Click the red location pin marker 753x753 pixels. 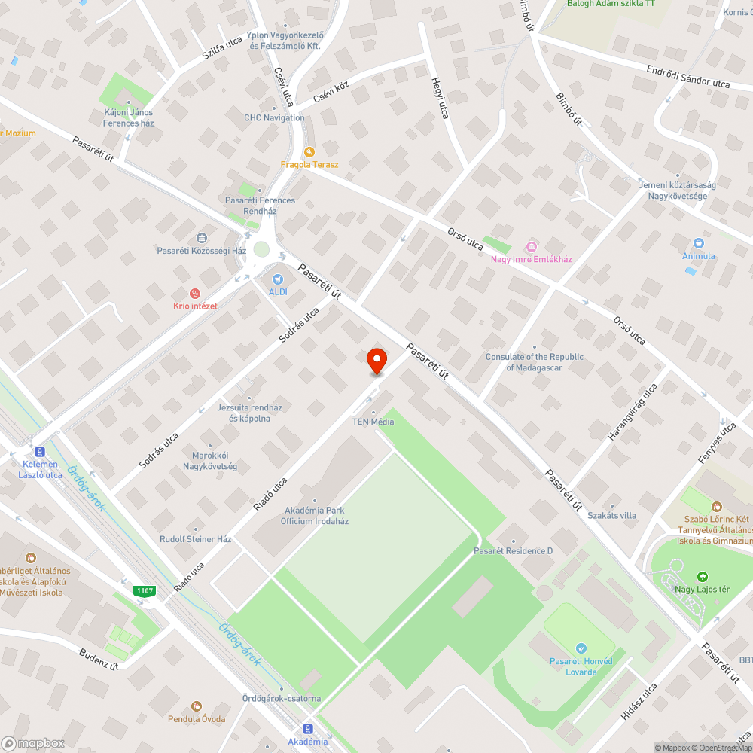(x=376, y=361)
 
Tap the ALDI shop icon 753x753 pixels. (x=278, y=279)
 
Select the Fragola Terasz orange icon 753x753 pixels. (x=309, y=151)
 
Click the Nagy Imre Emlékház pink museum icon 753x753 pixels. (x=532, y=246)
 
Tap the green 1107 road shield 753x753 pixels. (x=145, y=591)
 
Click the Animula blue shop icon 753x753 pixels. (x=698, y=243)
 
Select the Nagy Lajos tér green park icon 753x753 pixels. (x=703, y=576)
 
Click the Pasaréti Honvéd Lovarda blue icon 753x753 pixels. (x=581, y=648)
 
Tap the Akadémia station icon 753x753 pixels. (x=308, y=728)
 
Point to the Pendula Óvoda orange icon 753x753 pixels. (x=196, y=706)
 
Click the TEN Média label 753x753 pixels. (x=373, y=422)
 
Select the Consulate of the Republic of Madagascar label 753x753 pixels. (x=535, y=362)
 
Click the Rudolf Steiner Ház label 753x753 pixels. (x=195, y=539)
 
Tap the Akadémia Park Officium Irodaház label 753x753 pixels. (x=315, y=515)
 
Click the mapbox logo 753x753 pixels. (x=33, y=743)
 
